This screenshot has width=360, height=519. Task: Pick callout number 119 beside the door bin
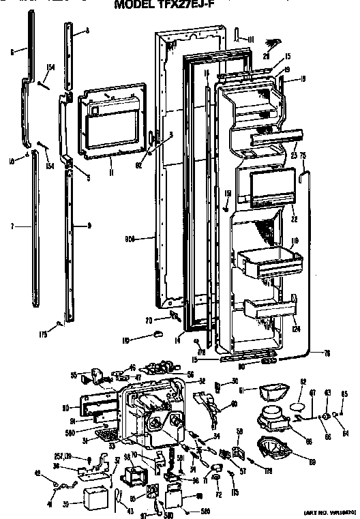tap(296, 241)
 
